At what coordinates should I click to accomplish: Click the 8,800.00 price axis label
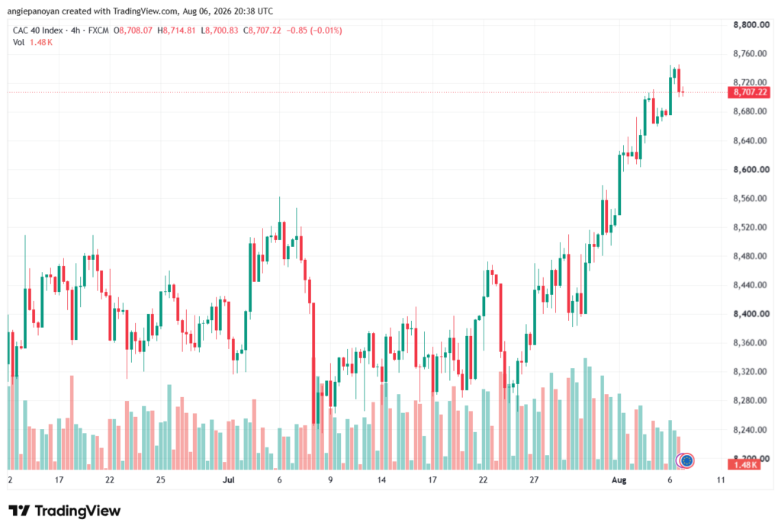[x=751, y=25]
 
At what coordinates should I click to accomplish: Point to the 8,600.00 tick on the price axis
[x=751, y=170]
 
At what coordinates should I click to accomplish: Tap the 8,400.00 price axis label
[x=751, y=314]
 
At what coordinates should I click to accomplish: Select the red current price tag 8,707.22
[x=749, y=92]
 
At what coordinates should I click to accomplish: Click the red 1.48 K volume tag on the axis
[x=744, y=465]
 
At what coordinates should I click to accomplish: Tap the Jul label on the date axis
[x=229, y=480]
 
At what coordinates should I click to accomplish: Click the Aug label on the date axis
[x=619, y=480]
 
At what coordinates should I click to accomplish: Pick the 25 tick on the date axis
[x=160, y=480]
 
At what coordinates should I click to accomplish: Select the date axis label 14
[x=381, y=480]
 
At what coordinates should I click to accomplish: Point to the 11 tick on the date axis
[x=721, y=480]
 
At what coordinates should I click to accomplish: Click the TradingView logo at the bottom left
[x=65, y=511]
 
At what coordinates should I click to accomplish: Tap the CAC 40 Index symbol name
[x=38, y=30]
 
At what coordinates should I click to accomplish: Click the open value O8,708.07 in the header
[x=133, y=30]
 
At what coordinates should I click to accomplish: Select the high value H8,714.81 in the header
[x=176, y=30]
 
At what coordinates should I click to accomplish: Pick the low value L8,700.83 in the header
[x=220, y=30]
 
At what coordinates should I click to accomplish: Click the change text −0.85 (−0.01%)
[x=314, y=30]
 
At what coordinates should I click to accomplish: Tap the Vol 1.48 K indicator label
[x=33, y=43]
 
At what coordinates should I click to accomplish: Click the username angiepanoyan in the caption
[x=34, y=11]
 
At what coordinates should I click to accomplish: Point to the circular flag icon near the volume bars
[x=687, y=461]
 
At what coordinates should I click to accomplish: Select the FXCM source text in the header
[x=98, y=30]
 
